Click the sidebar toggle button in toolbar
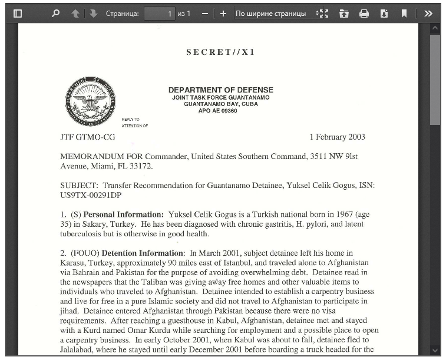[18, 13]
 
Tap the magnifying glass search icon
[55, 13]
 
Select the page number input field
[159, 13]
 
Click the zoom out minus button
[204, 13]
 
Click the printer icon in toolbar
[364, 13]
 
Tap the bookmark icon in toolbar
[404, 13]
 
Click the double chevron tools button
[428, 13]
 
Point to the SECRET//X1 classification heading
[220, 52]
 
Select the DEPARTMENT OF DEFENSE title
[220, 90]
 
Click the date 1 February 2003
[337, 137]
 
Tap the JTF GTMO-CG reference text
[88, 137]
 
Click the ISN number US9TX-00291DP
[91, 195]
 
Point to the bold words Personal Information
[123, 214]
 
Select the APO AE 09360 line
[217, 111]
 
